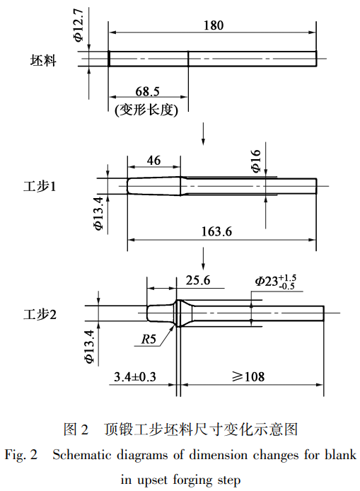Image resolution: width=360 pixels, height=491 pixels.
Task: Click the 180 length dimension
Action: coord(214,25)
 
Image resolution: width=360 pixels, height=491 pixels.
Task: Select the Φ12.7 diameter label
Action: coord(79,25)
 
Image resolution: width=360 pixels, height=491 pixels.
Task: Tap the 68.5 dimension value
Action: coord(147,91)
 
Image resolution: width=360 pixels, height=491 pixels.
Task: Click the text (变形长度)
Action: coord(146,110)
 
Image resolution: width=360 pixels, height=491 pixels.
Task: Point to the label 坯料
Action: coord(43,60)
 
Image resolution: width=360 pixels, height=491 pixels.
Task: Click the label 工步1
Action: coord(40,186)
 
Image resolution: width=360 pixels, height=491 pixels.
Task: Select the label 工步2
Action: coord(40,314)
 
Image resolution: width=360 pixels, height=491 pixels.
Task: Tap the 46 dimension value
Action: coord(153,161)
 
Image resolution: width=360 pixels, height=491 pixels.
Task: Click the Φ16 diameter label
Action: coord(256,161)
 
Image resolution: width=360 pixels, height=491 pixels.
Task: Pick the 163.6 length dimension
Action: coord(216,231)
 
